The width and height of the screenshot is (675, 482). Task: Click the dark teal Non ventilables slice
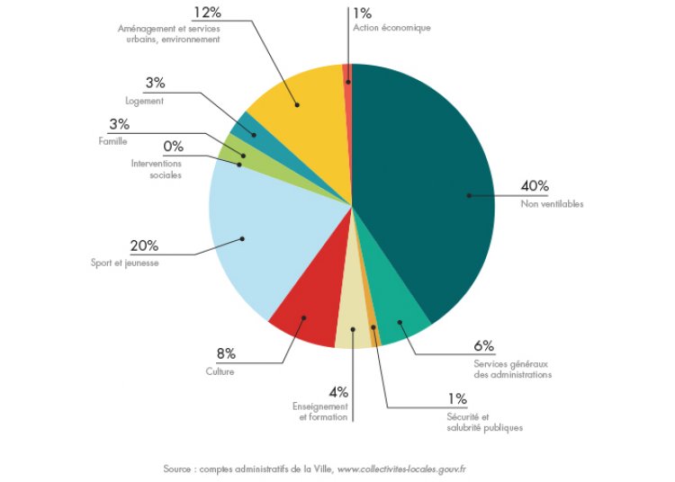432,180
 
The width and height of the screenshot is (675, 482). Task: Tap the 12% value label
206,13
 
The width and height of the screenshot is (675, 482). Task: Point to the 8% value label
225,354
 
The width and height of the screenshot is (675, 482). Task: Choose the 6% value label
483,345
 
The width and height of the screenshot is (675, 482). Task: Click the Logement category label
146,102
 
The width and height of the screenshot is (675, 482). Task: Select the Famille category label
113,141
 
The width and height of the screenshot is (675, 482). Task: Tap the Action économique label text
392,28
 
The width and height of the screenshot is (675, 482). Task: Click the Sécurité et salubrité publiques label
485,422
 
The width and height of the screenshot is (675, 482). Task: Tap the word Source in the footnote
178,469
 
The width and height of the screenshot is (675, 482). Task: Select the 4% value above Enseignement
338,392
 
